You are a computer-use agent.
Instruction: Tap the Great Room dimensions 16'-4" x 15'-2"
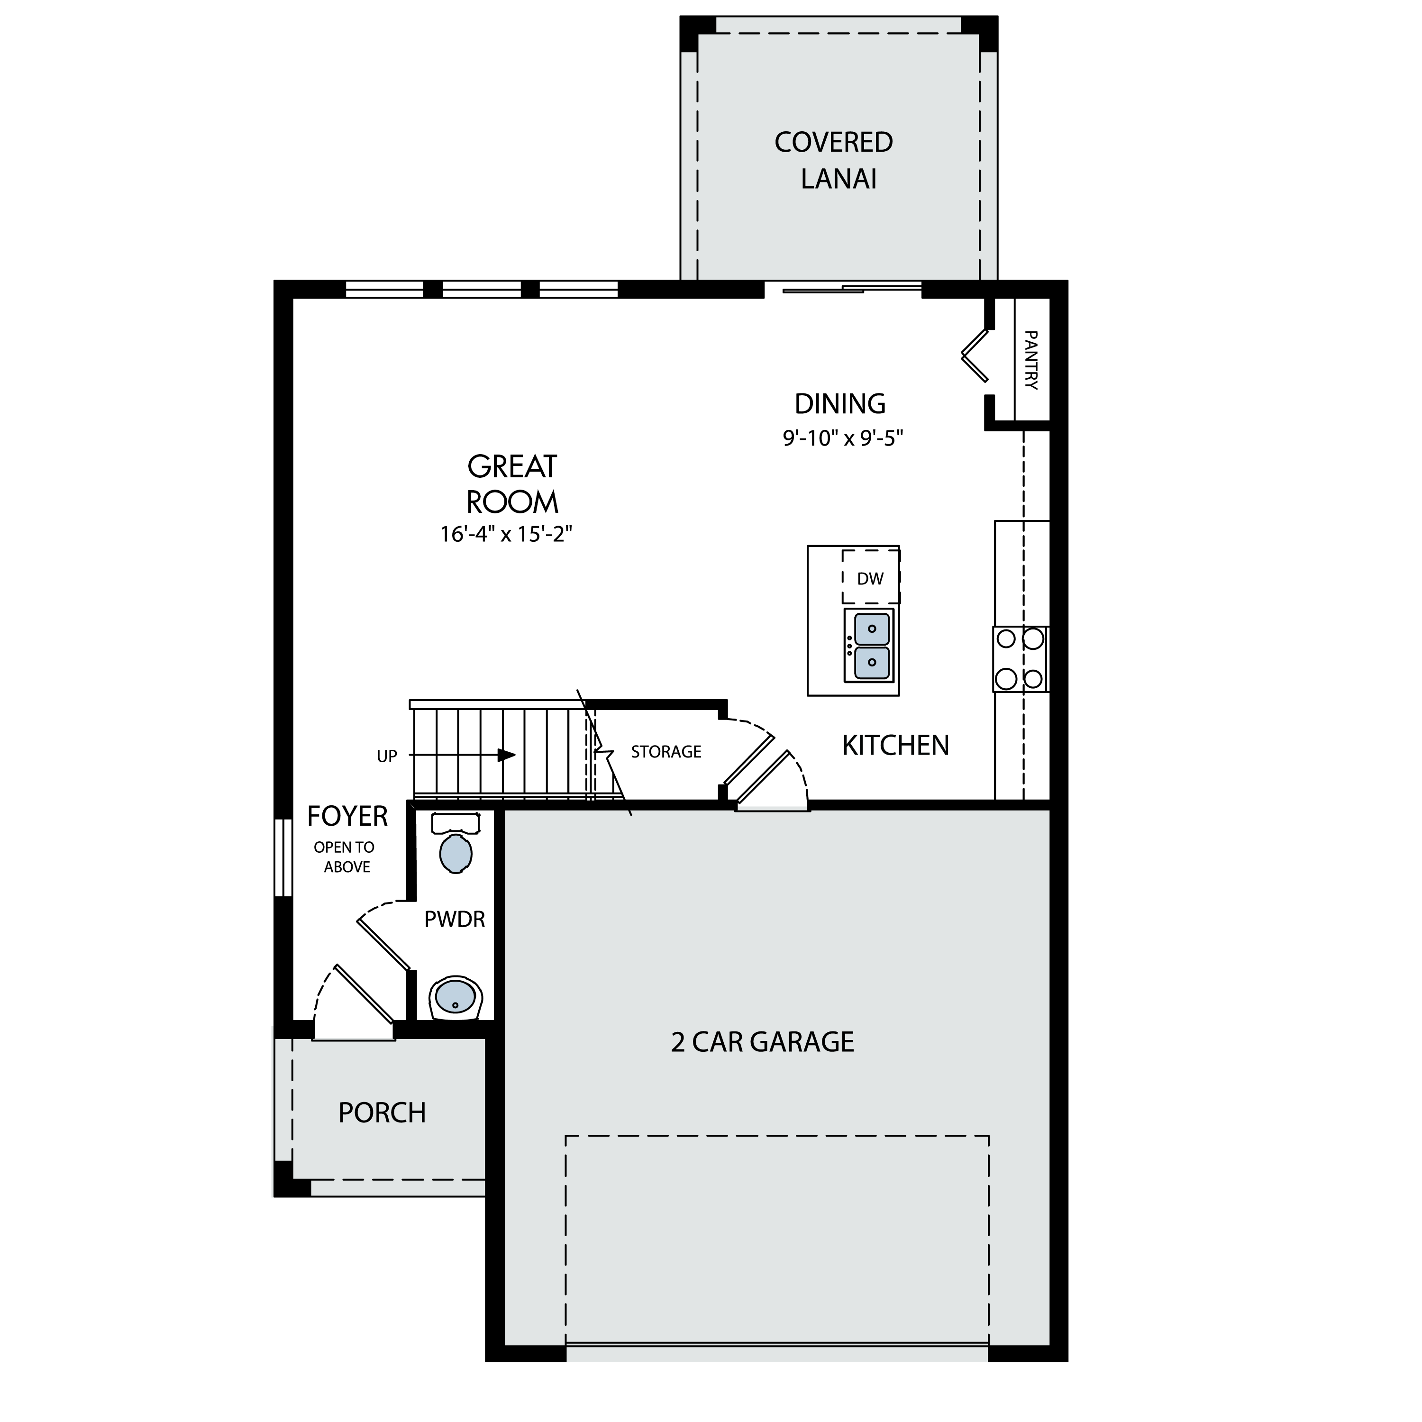click(x=506, y=534)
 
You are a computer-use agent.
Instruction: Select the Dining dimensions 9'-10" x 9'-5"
click(x=843, y=438)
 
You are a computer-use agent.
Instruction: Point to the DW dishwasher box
click(x=871, y=576)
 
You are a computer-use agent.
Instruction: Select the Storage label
click(x=666, y=751)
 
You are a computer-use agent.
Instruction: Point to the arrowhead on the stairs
click(x=506, y=755)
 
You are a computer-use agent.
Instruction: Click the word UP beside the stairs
click(x=387, y=757)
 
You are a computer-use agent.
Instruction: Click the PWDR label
click(x=455, y=919)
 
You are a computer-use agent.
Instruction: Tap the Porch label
click(x=382, y=1113)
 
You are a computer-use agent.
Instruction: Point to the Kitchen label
click(x=896, y=746)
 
